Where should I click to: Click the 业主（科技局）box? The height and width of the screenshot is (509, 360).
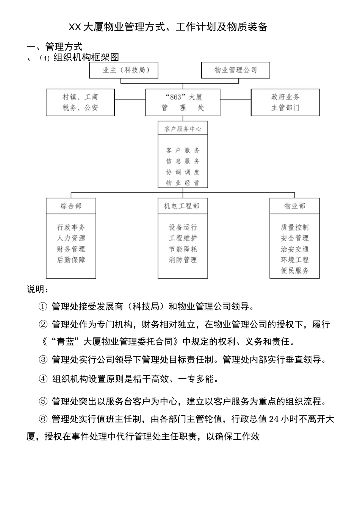(x=124, y=70)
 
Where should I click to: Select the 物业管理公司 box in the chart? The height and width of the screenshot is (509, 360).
(x=235, y=70)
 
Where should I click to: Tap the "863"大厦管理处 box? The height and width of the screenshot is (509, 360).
(x=183, y=102)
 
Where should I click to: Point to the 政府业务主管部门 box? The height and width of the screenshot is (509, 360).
(x=285, y=102)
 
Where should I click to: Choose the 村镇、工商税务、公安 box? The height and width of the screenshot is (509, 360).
(x=80, y=102)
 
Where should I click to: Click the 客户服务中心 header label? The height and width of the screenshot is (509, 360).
(x=183, y=129)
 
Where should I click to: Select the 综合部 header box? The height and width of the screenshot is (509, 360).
(x=71, y=206)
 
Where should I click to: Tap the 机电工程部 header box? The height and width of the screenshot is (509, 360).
(x=183, y=206)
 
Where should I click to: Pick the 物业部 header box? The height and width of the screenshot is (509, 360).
(x=294, y=206)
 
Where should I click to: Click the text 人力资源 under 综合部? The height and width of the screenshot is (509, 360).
(x=71, y=238)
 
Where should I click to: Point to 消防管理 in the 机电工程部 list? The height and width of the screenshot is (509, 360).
(x=183, y=260)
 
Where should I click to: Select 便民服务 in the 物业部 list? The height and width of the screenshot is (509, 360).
(x=294, y=270)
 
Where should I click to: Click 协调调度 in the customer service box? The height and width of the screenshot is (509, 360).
(x=183, y=172)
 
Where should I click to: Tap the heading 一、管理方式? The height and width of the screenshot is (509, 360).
(x=55, y=47)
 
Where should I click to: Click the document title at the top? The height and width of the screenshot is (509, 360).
(x=168, y=27)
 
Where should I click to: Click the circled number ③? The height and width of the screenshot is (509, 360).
(x=43, y=359)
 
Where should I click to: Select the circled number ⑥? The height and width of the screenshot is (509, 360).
(x=43, y=419)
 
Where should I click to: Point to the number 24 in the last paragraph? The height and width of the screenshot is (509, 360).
(x=274, y=419)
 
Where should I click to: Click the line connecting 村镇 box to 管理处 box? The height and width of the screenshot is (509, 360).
(x=130, y=100)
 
